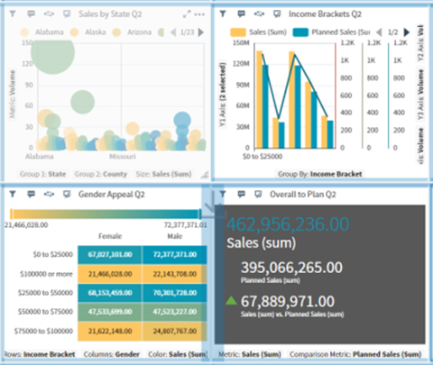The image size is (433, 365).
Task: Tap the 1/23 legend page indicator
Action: (187, 32)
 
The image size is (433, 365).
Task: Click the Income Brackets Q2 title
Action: (325, 14)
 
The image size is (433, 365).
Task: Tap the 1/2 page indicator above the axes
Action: (392, 32)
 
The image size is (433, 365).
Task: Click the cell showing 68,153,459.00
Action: (108, 291)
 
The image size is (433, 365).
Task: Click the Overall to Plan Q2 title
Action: (306, 194)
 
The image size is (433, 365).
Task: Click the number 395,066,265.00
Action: (292, 267)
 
